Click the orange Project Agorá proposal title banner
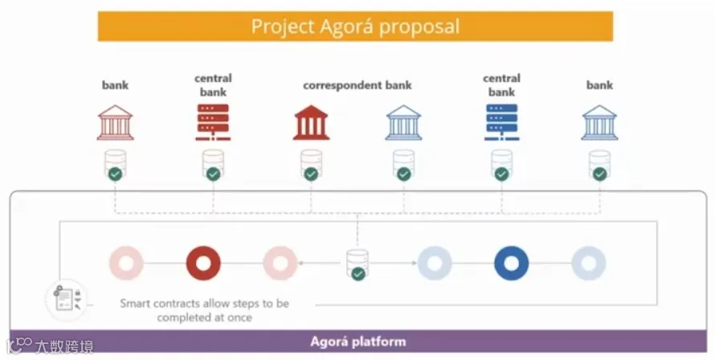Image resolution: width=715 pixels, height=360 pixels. pos(355,26)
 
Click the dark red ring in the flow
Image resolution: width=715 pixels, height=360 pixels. pos(203,263)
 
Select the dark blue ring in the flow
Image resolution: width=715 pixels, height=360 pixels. pos(511,263)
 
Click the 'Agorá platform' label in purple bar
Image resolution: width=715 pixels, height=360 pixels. pos(357,341)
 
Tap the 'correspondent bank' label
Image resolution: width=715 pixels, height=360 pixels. pos(357,85)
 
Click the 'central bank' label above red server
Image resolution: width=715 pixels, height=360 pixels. pos(213,85)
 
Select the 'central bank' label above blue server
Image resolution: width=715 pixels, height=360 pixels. pos(501,85)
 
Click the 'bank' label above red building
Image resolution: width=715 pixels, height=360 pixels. pos(115,85)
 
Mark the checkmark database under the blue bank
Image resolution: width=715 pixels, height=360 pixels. pos(599,166)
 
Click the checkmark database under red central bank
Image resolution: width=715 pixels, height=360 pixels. pos(212,166)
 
